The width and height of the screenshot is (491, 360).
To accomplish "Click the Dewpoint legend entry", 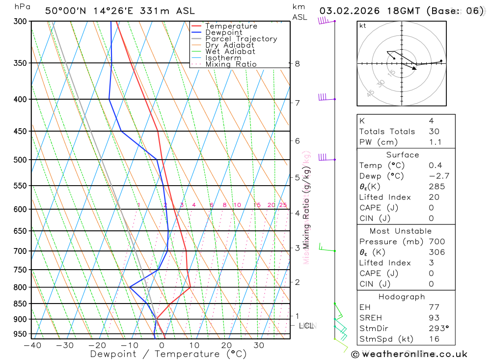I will [223, 32].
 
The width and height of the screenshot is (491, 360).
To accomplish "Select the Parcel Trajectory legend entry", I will [241, 39].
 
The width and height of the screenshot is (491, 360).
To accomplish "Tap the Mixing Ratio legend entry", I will [231, 64].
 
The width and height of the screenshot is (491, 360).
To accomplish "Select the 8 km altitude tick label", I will [297, 63].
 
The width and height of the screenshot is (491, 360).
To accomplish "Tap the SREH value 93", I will [434, 318].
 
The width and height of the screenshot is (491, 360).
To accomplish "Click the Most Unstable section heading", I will [401, 231].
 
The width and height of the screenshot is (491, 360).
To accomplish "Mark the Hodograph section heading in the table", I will [402, 297].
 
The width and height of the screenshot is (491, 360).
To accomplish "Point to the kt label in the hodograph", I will [363, 26].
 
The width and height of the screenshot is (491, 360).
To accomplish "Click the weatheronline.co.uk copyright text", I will [409, 354].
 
